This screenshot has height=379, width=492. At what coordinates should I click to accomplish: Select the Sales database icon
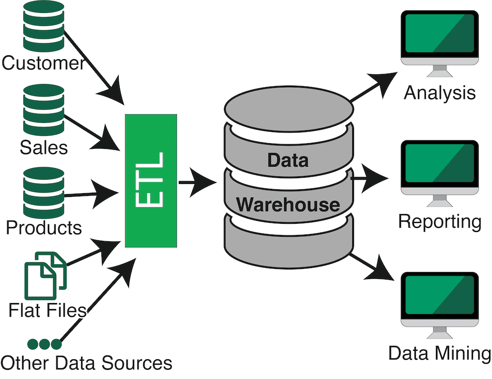click(43, 110)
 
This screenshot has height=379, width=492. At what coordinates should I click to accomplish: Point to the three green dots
click(45, 344)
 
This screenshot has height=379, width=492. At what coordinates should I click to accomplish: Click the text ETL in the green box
click(150, 180)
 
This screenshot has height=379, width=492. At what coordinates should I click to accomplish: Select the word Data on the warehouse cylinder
click(288, 160)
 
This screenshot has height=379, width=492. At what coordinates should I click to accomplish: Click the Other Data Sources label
click(86, 363)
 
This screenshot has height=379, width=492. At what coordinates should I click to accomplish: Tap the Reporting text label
click(440, 222)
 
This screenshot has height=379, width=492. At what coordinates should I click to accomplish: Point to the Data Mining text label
click(440, 354)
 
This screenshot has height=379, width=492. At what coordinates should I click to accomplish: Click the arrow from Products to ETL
click(91, 194)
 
